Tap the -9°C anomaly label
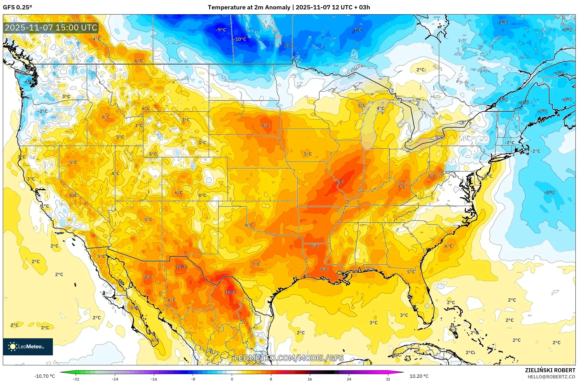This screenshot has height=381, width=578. (x=221, y=30)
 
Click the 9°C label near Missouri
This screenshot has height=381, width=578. (x=341, y=182)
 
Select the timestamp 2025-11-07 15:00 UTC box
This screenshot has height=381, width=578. (x=51, y=28)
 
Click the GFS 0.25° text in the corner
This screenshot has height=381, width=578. (x=18, y=7)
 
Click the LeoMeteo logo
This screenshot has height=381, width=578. (x=28, y=347)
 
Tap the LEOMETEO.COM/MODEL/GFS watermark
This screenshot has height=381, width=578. (x=289, y=358)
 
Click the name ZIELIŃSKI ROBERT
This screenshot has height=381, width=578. (x=550, y=370)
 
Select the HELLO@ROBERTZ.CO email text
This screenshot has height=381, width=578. (x=551, y=377)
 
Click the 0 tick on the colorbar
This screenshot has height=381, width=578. (x=232, y=379)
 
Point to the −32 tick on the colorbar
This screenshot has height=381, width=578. (x=76, y=379)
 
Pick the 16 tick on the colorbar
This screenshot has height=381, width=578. (x=310, y=379)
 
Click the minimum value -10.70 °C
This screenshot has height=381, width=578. (x=45, y=376)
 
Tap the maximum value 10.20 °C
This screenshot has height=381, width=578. (x=419, y=376)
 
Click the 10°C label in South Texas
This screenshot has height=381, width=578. (x=230, y=292)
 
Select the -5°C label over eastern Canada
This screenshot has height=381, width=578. (x=502, y=23)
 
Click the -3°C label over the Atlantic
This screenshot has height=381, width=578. (x=549, y=192)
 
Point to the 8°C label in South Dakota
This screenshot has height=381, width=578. (x=266, y=126)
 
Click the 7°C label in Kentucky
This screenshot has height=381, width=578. (x=401, y=187)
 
